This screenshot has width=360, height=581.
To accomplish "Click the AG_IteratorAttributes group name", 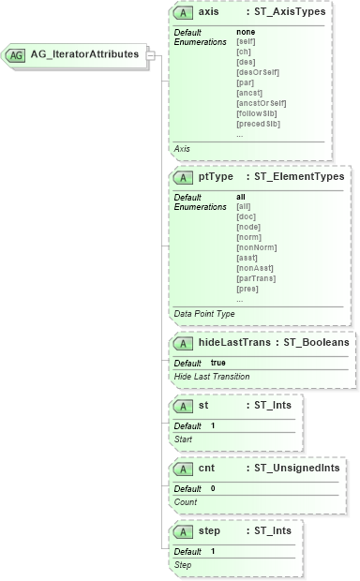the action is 85,54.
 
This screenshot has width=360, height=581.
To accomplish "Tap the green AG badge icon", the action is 16,54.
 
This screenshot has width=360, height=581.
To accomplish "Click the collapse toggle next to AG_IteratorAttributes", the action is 151,54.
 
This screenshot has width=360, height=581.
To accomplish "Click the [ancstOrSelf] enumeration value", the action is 261,104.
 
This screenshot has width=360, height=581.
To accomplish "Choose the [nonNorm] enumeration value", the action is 256,248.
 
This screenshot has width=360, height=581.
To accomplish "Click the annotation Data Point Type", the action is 204,312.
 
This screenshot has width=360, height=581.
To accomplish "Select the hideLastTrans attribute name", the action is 235,344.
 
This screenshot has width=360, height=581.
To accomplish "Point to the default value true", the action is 217,363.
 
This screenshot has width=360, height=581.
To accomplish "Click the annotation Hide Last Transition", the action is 212,376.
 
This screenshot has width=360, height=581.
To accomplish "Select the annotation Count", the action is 185,501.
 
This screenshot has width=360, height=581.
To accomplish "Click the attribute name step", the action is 211,531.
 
